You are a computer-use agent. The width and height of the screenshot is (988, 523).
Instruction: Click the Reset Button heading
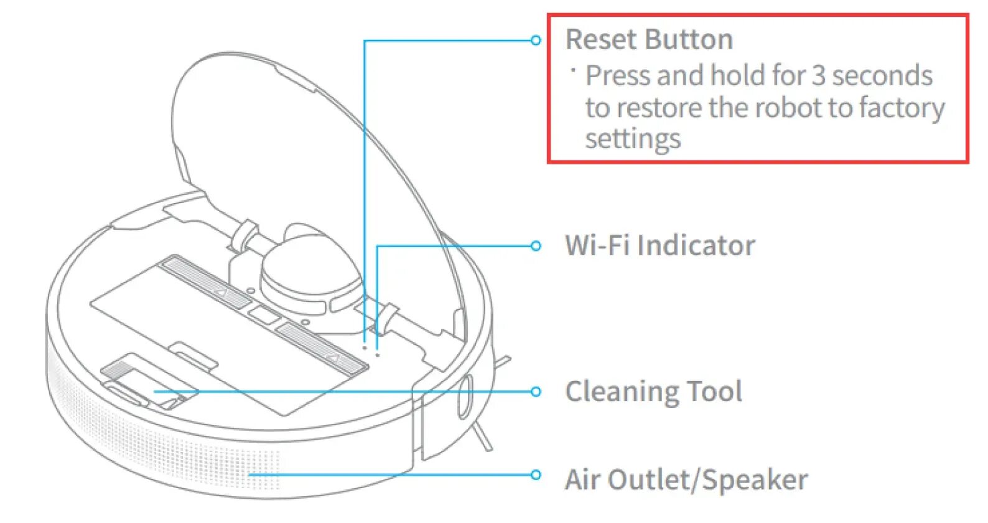(x=648, y=40)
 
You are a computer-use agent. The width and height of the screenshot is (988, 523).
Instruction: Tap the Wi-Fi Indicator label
(x=659, y=245)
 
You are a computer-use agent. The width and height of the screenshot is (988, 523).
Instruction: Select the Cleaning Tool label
(x=653, y=392)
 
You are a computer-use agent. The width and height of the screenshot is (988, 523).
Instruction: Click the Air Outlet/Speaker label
(x=686, y=480)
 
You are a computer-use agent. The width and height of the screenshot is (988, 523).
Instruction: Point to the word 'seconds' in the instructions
(x=882, y=76)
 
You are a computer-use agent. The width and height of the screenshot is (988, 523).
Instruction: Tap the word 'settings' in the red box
(x=633, y=139)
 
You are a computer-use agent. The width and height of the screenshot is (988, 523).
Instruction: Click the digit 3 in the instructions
(x=819, y=76)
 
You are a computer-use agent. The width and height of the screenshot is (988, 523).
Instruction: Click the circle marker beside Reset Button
(x=536, y=40)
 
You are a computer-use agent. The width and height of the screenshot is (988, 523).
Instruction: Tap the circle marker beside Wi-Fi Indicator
(x=536, y=246)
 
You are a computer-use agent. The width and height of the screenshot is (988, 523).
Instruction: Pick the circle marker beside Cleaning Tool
(x=536, y=392)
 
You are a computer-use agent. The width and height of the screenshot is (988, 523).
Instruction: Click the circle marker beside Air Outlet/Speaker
(x=536, y=475)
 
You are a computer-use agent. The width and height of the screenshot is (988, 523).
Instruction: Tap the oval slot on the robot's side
(x=465, y=396)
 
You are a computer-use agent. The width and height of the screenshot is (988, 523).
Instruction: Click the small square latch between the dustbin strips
(x=264, y=314)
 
